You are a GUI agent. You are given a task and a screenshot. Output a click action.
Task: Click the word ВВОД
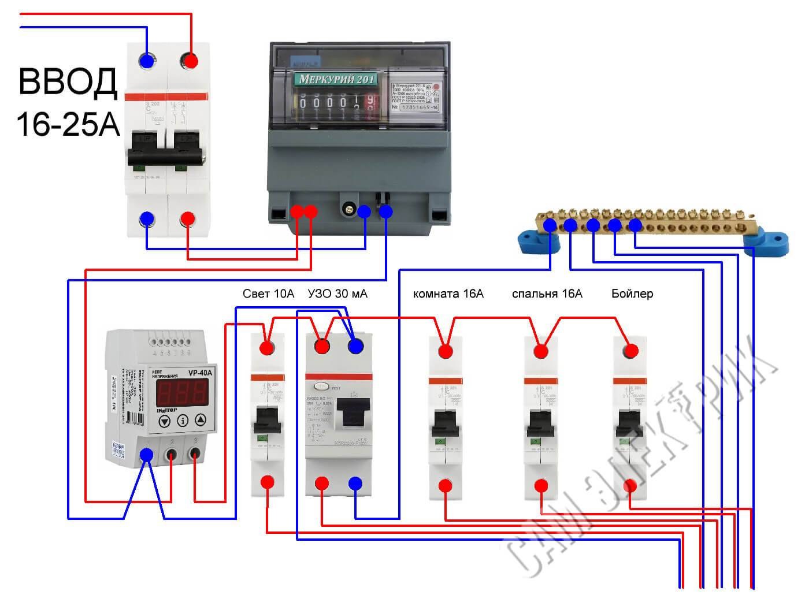(68, 81)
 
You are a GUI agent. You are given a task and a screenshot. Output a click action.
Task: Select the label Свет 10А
(268, 294)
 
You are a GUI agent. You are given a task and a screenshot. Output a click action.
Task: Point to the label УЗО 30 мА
(338, 294)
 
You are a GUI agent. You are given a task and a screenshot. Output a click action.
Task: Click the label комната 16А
(448, 294)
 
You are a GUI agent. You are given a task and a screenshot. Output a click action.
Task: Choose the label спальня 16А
(547, 294)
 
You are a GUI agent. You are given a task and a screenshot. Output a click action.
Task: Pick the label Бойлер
(632, 294)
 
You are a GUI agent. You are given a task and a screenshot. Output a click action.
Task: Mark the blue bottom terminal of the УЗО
(355, 484)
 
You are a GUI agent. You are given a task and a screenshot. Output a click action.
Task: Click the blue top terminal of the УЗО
(355, 346)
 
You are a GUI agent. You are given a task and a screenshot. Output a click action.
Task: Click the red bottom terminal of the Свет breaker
(266, 482)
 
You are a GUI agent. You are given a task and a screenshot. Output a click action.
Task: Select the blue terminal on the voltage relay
(147, 456)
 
